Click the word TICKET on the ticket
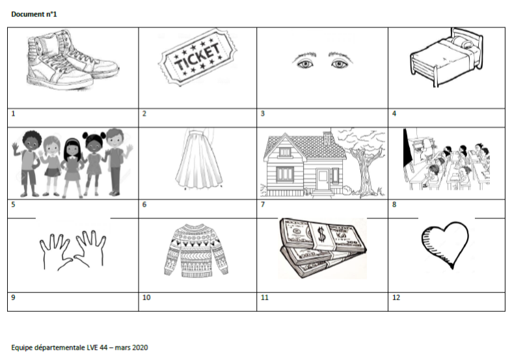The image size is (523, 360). pyautogui.click(x=197, y=57)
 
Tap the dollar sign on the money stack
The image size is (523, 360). pyautogui.click(x=321, y=234)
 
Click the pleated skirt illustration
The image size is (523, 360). pyautogui.click(x=199, y=159)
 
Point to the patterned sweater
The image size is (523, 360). pyautogui.click(x=196, y=250)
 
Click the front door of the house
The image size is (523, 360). pyautogui.click(x=323, y=180)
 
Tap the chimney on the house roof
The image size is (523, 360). pyautogui.click(x=327, y=138)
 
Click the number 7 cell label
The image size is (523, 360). pyautogui.click(x=263, y=204)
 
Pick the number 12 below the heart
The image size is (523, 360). pyautogui.click(x=396, y=298)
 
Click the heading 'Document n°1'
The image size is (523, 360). pyautogui.click(x=34, y=14)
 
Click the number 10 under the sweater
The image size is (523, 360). pyautogui.click(x=146, y=298)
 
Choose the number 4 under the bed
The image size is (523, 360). pyautogui.click(x=394, y=113)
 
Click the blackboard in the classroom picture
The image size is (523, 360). pyautogui.click(x=407, y=148)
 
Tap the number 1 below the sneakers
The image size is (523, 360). pyautogui.click(x=14, y=113)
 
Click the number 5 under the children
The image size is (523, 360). pyautogui.click(x=14, y=204)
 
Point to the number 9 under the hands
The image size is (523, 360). pyautogui.click(x=14, y=298)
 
